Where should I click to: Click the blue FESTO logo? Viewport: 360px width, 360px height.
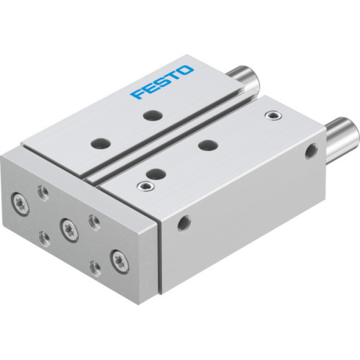[163, 83]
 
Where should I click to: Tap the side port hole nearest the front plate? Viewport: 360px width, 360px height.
[186, 220]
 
